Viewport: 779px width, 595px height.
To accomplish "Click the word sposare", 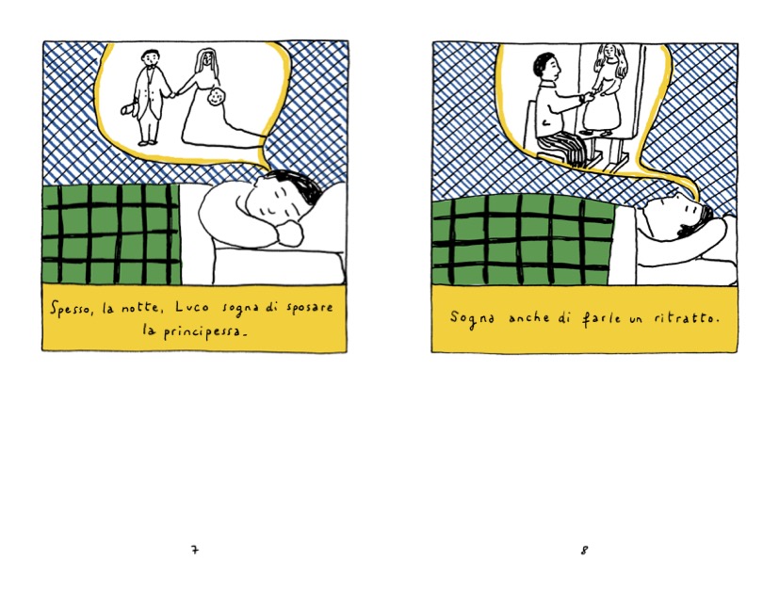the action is tap(310, 308).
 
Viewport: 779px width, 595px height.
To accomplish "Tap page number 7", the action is tap(195, 550).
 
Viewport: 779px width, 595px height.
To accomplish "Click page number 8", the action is tap(585, 550).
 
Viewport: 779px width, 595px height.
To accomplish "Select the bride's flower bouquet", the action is tap(215, 97).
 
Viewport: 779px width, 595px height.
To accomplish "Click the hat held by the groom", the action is tap(129, 108).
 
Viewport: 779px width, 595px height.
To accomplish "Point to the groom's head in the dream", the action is tap(150, 58).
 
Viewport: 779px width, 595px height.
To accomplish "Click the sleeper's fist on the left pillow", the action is tap(290, 233).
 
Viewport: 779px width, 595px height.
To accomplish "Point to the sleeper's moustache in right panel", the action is tap(688, 231).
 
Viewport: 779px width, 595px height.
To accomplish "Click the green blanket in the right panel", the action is tap(523, 240).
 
